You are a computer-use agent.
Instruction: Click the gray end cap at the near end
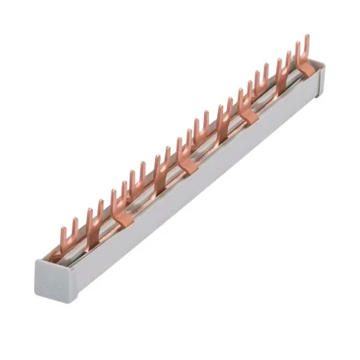click(52, 273)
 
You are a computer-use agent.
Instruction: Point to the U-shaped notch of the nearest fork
click(66, 236)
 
